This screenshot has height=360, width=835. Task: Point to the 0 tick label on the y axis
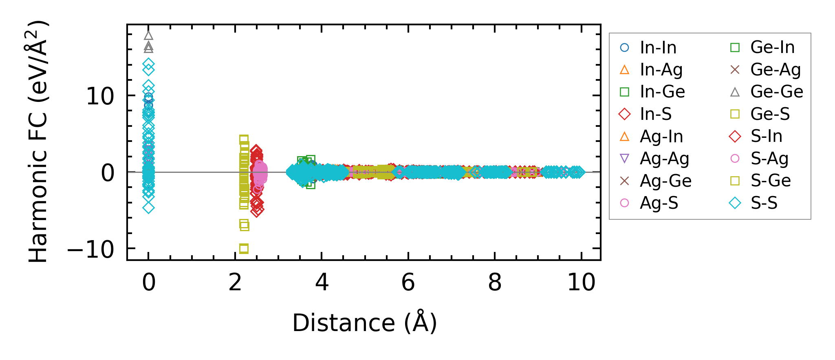click(108, 173)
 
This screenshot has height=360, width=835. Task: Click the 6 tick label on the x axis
click(408, 282)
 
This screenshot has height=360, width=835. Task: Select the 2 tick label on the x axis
click(235, 282)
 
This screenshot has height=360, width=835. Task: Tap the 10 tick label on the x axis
click(581, 282)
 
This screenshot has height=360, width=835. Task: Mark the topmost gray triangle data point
click(148, 35)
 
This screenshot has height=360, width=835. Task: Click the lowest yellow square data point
click(244, 248)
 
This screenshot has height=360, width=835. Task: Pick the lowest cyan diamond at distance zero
click(148, 208)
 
